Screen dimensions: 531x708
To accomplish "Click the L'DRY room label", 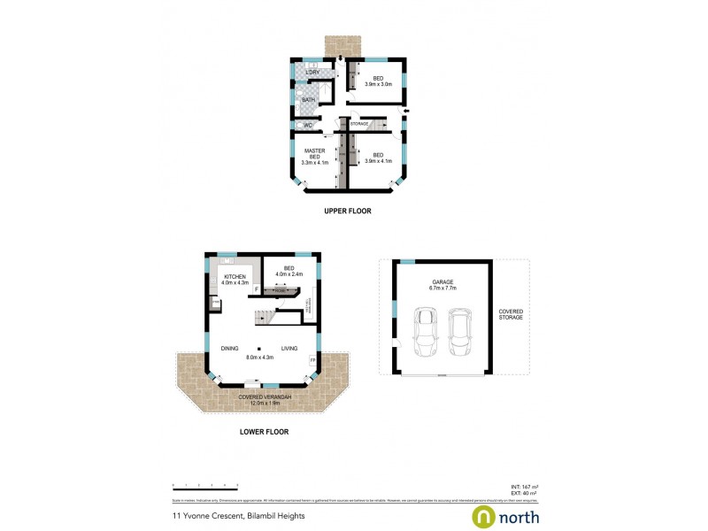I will [312, 72].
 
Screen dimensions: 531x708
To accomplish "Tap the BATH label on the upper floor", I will [308, 100].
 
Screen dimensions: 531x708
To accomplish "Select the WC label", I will [308, 126].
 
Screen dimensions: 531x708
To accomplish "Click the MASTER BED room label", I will [315, 157].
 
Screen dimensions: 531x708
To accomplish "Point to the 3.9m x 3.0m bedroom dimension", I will [378, 85].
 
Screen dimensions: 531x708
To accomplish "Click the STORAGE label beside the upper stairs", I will [358, 124].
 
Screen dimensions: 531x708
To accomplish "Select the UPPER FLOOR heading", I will [347, 212].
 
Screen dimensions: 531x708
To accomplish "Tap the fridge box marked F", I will [257, 289].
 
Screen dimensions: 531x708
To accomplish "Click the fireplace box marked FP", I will [312, 360].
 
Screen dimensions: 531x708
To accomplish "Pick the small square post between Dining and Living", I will [260, 348].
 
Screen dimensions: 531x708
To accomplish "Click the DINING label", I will [231, 349].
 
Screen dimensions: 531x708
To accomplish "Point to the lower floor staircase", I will [265, 318].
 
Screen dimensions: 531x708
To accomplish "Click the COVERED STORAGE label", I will [511, 314].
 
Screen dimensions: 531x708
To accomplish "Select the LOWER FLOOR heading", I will [264, 433].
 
